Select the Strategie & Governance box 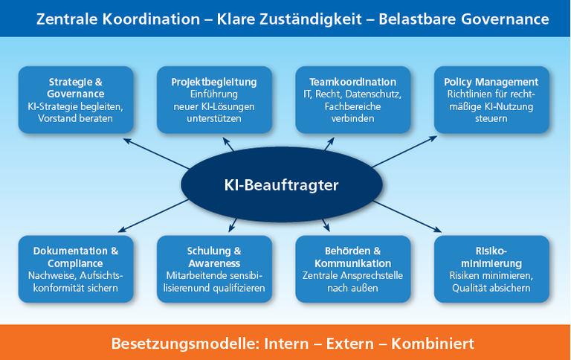(76, 100)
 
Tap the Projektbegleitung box (214, 100)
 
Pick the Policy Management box (491, 100)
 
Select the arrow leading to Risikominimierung (413, 219)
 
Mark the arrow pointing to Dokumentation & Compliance (149, 220)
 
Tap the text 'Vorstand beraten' (76, 119)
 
